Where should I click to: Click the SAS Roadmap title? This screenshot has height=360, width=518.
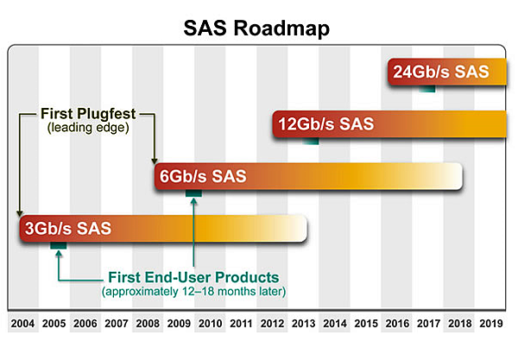click(x=256, y=28)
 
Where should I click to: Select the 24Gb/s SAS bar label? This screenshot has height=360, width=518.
click(x=440, y=72)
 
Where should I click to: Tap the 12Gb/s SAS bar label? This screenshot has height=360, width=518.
click(x=326, y=124)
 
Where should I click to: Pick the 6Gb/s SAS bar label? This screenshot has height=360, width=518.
click(x=203, y=176)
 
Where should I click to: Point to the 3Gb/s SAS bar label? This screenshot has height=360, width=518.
click(x=68, y=228)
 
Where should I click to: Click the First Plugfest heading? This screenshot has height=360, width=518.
click(x=88, y=114)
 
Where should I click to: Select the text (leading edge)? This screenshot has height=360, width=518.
click(x=88, y=128)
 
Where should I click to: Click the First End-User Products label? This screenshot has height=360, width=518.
click(x=193, y=277)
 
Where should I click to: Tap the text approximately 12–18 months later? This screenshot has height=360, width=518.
click(x=193, y=291)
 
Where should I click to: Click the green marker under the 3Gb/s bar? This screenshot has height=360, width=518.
click(x=59, y=245)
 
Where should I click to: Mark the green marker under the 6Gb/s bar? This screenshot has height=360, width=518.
click(x=193, y=193)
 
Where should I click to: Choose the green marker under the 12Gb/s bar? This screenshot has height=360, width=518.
click(x=311, y=141)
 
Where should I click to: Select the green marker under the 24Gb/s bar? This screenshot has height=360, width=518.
click(x=427, y=89)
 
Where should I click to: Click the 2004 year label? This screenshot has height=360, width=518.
click(x=22, y=323)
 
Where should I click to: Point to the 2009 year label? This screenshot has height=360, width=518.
click(x=179, y=323)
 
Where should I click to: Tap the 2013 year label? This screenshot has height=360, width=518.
click(x=304, y=323)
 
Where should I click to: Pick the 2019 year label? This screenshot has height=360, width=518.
click(x=491, y=323)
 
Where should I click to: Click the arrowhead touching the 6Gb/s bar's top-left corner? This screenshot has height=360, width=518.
click(x=155, y=161)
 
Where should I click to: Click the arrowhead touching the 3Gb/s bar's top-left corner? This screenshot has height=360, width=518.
click(x=20, y=213)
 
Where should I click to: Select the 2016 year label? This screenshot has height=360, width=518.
click(x=397, y=323)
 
